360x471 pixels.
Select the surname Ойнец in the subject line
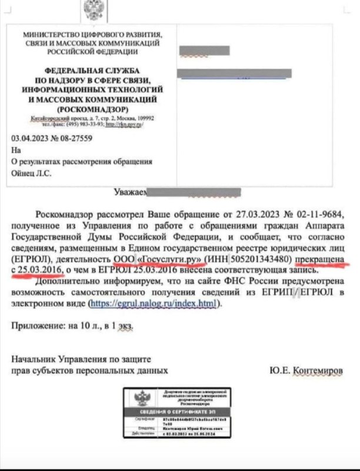[x=23, y=173]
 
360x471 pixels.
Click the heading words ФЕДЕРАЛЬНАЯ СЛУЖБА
[x=91, y=70]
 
